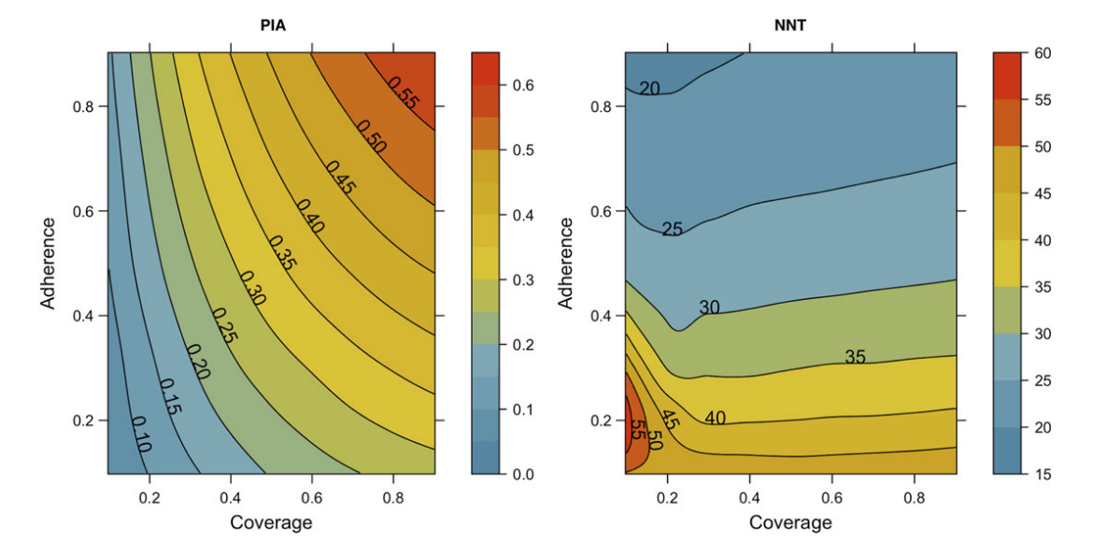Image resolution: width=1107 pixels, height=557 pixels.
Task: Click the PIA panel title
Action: click(271, 25)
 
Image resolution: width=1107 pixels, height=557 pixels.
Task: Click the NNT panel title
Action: click(790, 25)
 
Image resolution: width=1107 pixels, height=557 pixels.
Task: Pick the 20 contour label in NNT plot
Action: click(649, 89)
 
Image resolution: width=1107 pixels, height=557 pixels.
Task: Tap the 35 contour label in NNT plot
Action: click(856, 356)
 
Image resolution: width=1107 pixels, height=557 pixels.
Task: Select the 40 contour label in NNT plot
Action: click(716, 418)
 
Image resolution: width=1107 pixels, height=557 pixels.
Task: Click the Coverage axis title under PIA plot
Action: click(271, 522)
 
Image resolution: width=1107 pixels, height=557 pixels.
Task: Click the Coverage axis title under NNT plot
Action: click(790, 522)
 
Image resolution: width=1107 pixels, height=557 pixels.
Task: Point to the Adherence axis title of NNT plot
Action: click(566, 264)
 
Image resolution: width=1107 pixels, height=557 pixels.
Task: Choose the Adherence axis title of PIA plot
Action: click(48, 264)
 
